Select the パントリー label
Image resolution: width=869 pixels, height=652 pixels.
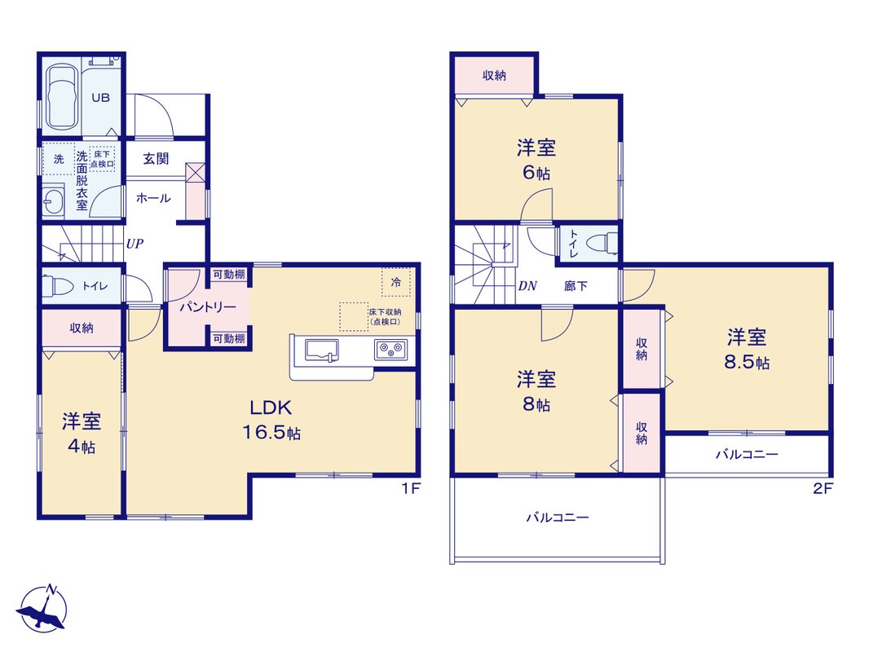208,307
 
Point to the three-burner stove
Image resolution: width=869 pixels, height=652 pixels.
390,350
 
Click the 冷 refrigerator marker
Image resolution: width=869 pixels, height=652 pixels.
396,283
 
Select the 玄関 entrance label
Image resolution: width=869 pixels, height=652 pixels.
156,159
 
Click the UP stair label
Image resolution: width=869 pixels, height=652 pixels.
135,243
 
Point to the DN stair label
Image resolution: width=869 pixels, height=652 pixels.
527,286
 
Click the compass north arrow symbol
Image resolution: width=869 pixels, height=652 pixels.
42,608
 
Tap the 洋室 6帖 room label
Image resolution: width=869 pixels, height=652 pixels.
536,161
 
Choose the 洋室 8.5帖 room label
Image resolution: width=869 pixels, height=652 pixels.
747,349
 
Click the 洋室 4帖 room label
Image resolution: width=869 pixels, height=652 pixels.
82,434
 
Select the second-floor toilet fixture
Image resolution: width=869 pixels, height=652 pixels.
602,243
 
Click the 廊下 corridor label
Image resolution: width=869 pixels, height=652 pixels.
576,286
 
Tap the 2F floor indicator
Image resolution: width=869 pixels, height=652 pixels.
823,488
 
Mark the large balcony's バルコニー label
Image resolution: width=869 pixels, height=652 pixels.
558,518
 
